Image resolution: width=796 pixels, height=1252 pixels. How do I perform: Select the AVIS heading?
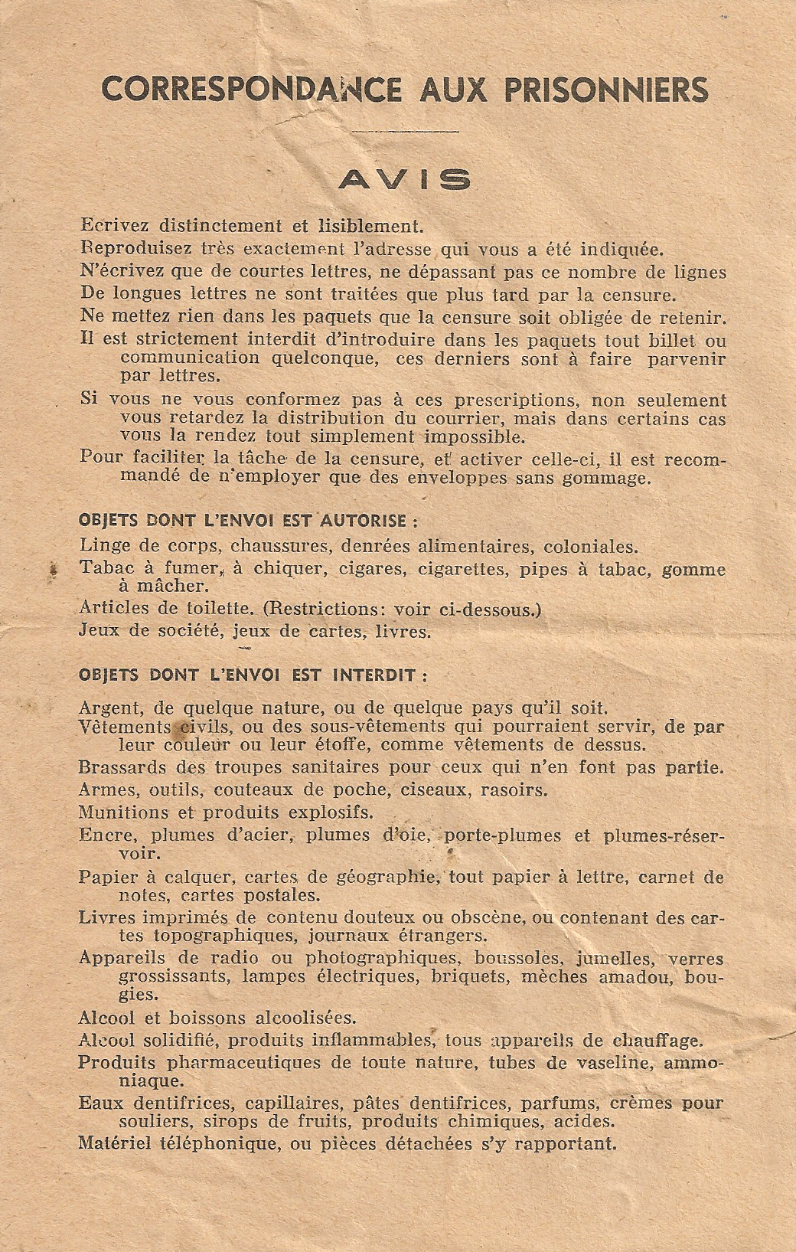(405, 179)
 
